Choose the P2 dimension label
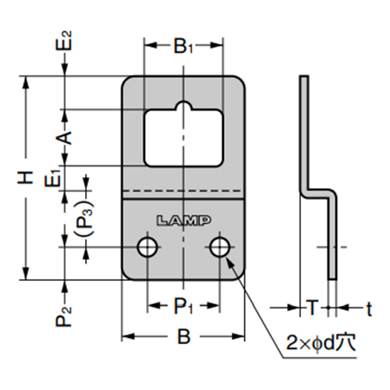coord(67,316)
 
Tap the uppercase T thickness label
coord(312,307)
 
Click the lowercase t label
coord(370,307)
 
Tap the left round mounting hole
coord(146,248)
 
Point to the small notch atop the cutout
coord(183,108)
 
